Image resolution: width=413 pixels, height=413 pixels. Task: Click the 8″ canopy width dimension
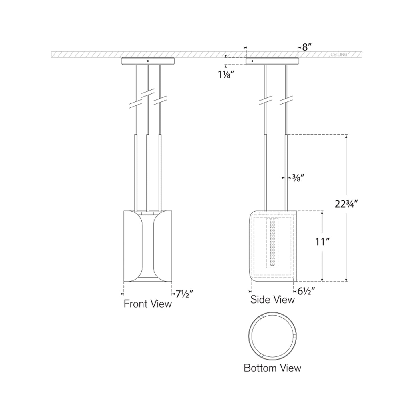click(306, 47)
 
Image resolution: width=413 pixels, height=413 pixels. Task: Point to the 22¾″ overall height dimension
click(346, 204)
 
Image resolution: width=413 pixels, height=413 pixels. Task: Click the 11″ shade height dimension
click(322, 242)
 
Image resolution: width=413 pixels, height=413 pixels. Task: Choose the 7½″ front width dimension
click(184, 294)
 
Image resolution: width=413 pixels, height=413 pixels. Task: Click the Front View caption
click(147, 304)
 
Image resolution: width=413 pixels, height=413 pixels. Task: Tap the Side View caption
click(272, 299)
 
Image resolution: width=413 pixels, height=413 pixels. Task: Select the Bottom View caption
click(272, 368)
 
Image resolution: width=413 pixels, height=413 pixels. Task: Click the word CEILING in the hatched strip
click(339, 55)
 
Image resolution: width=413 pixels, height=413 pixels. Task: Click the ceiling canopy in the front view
click(148, 61)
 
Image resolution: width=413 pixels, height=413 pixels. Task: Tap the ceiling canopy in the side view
click(272, 61)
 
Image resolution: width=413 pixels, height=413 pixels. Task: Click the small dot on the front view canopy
click(148, 61)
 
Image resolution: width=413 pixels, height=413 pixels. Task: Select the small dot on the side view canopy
click(252, 61)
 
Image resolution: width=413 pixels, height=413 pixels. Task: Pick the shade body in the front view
click(147, 246)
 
